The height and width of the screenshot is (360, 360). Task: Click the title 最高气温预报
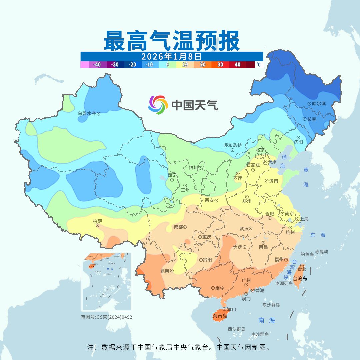pyautogui.click(x=172, y=41)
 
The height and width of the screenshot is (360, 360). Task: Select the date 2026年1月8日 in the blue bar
pyautogui.click(x=171, y=56)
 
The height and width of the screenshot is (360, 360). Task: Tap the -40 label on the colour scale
pyautogui.click(x=97, y=65)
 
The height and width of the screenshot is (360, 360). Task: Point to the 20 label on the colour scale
pyautogui.click(x=202, y=65)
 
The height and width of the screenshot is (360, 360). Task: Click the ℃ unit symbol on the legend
pyautogui.click(x=258, y=65)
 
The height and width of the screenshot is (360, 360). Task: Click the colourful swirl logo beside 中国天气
pyautogui.click(x=158, y=105)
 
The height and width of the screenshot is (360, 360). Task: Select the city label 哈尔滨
pyautogui.click(x=319, y=104)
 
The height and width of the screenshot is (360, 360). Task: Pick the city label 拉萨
pyautogui.click(x=97, y=221)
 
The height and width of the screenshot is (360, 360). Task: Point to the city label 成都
pyautogui.click(x=178, y=227)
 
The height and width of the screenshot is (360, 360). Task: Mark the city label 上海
pyautogui.click(x=304, y=219)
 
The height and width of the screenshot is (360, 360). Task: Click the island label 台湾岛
pyautogui.click(x=300, y=278)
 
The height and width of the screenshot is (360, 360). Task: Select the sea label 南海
pyautogui.click(x=267, y=321)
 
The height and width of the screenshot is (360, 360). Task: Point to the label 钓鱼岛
pyautogui.click(x=307, y=254)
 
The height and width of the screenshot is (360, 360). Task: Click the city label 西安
pyautogui.click(x=209, y=201)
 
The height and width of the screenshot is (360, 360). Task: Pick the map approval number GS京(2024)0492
pyautogui.click(x=107, y=317)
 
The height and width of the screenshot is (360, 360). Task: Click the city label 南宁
pyautogui.click(x=220, y=288)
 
